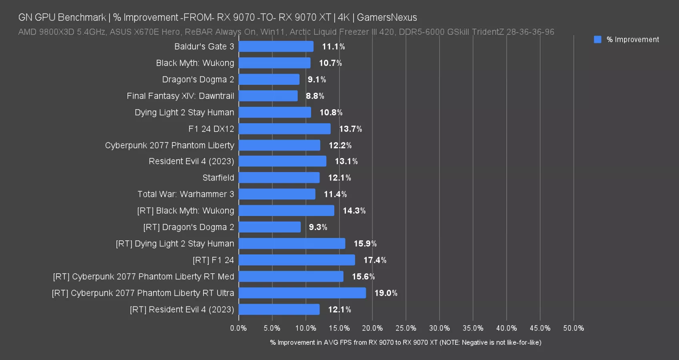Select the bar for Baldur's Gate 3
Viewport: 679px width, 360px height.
click(276, 46)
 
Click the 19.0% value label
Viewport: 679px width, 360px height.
click(385, 293)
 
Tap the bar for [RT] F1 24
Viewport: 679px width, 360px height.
click(297, 260)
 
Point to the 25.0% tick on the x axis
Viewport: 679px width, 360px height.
click(405, 328)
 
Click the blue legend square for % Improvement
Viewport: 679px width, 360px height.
click(597, 39)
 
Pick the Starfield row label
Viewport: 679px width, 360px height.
click(218, 178)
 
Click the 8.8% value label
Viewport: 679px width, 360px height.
click(315, 96)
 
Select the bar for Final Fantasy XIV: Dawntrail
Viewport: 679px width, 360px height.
click(268, 96)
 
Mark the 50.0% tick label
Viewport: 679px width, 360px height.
click(573, 328)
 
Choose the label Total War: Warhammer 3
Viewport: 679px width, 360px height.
click(186, 194)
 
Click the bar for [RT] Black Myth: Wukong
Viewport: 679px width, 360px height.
click(286, 210)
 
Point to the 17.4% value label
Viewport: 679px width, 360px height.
click(375, 260)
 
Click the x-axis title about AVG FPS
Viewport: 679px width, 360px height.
click(405, 342)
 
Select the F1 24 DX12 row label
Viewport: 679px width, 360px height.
click(211, 129)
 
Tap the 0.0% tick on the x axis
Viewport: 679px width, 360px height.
click(238, 328)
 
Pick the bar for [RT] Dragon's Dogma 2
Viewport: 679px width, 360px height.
click(270, 227)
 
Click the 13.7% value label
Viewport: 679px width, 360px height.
click(350, 129)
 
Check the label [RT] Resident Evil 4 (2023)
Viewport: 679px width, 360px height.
click(182, 309)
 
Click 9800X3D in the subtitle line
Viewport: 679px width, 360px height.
click(57, 32)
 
